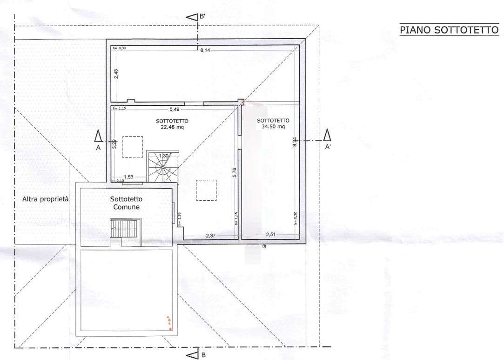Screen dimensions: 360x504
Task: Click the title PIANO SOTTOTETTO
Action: [x=449, y=30]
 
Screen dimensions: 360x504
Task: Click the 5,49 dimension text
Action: [x=174, y=109]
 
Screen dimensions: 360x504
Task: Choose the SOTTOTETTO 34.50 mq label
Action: [x=273, y=123]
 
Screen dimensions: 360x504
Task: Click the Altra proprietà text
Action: [x=45, y=199]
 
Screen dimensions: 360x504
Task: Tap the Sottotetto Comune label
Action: [x=125, y=203]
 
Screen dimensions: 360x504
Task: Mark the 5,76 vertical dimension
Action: [x=235, y=172]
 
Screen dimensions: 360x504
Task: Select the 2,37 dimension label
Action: [x=211, y=236]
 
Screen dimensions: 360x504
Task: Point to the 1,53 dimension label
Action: [x=128, y=177]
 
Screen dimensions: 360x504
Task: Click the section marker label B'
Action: [x=202, y=17]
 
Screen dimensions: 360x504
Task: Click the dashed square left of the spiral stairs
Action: [x=133, y=147]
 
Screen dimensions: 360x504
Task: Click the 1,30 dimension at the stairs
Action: [x=163, y=156]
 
